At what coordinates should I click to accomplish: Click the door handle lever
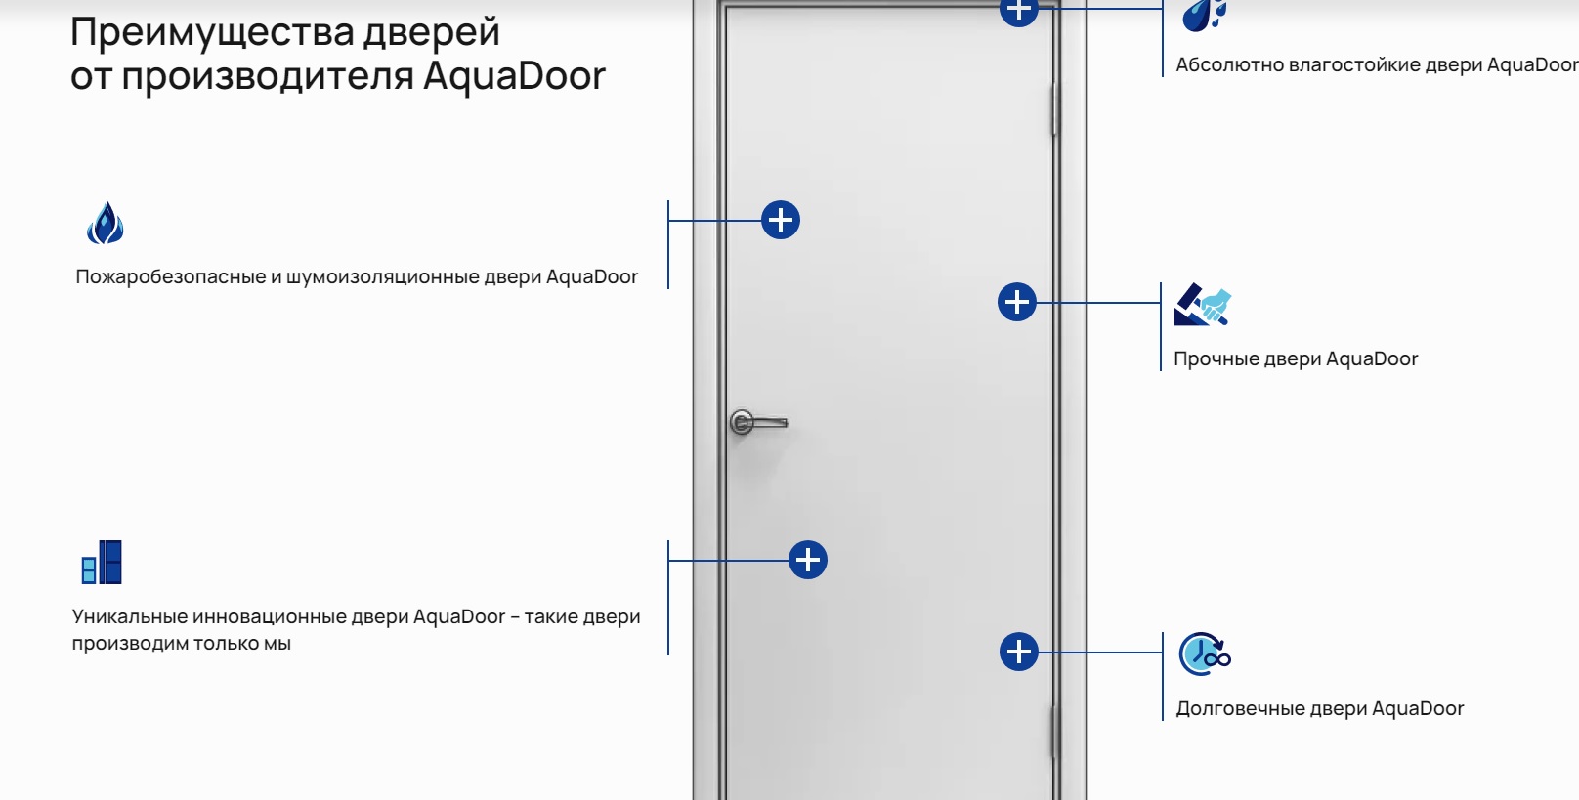[758, 422]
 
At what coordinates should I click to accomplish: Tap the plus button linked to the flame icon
[781, 220]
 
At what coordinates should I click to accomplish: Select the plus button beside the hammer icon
[1016, 303]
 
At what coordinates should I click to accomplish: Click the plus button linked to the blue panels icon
[808, 561]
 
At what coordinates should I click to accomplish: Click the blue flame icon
[105, 223]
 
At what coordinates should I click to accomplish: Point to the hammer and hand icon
[1203, 305]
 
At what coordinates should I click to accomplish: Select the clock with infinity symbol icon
[1205, 654]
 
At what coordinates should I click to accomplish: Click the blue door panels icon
[102, 563]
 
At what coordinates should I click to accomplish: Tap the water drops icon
[1204, 16]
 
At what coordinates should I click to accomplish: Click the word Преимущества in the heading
[211, 33]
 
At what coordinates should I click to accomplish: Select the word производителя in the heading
[268, 76]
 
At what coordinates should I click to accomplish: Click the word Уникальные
[129, 616]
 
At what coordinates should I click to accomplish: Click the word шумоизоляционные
[383, 276]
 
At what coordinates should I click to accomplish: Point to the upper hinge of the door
[1054, 109]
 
